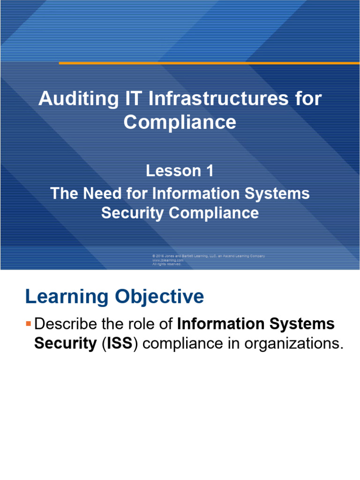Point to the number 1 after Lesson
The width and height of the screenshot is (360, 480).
pyautogui.click(x=208, y=171)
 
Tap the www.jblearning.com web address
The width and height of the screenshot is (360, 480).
pyautogui.click(x=167, y=260)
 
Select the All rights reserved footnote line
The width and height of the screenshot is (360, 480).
pyautogui.click(x=166, y=264)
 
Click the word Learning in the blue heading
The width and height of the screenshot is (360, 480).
pyautogui.click(x=65, y=297)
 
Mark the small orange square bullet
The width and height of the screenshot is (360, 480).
pyautogui.click(x=28, y=323)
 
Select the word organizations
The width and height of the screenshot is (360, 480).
pyautogui.click(x=295, y=344)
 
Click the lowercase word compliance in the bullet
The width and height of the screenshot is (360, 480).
pyautogui.click(x=185, y=344)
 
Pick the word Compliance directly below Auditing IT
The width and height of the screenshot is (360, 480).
pyautogui.click(x=180, y=122)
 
